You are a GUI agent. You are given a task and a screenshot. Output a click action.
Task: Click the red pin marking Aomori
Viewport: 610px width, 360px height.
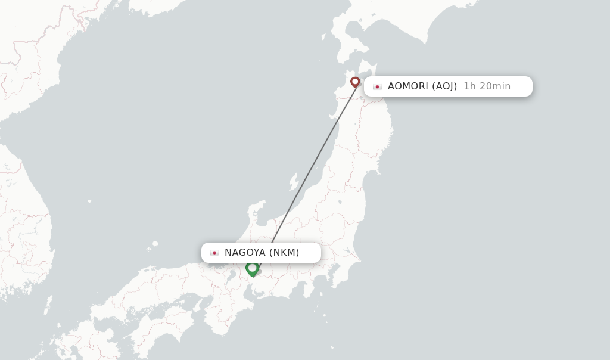tap(355, 82)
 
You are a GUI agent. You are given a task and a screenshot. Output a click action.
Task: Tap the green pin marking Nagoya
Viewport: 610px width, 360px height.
tap(253, 268)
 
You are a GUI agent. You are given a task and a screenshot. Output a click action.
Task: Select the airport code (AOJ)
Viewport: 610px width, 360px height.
tap(444, 86)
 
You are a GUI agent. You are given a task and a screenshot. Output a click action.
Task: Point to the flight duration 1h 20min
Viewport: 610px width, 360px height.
tap(487, 86)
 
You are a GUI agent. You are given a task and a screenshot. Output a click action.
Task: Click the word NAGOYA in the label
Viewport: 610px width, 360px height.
tap(245, 252)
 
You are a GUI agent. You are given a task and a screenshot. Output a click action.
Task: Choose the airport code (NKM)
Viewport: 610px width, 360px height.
tap(284, 252)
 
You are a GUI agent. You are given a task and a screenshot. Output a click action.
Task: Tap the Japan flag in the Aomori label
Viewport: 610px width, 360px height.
tap(377, 86)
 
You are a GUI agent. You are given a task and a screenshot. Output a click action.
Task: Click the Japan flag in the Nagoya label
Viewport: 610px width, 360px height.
tap(214, 253)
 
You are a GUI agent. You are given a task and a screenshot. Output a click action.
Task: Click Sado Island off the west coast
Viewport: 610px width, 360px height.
tap(293, 181)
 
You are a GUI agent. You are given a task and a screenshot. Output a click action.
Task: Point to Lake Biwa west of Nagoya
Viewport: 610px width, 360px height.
tap(228, 275)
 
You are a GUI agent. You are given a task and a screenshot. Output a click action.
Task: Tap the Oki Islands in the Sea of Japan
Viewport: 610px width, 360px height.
tap(155, 243)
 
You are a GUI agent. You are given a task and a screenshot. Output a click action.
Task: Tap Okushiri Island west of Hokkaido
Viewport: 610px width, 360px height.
tap(323, 37)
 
